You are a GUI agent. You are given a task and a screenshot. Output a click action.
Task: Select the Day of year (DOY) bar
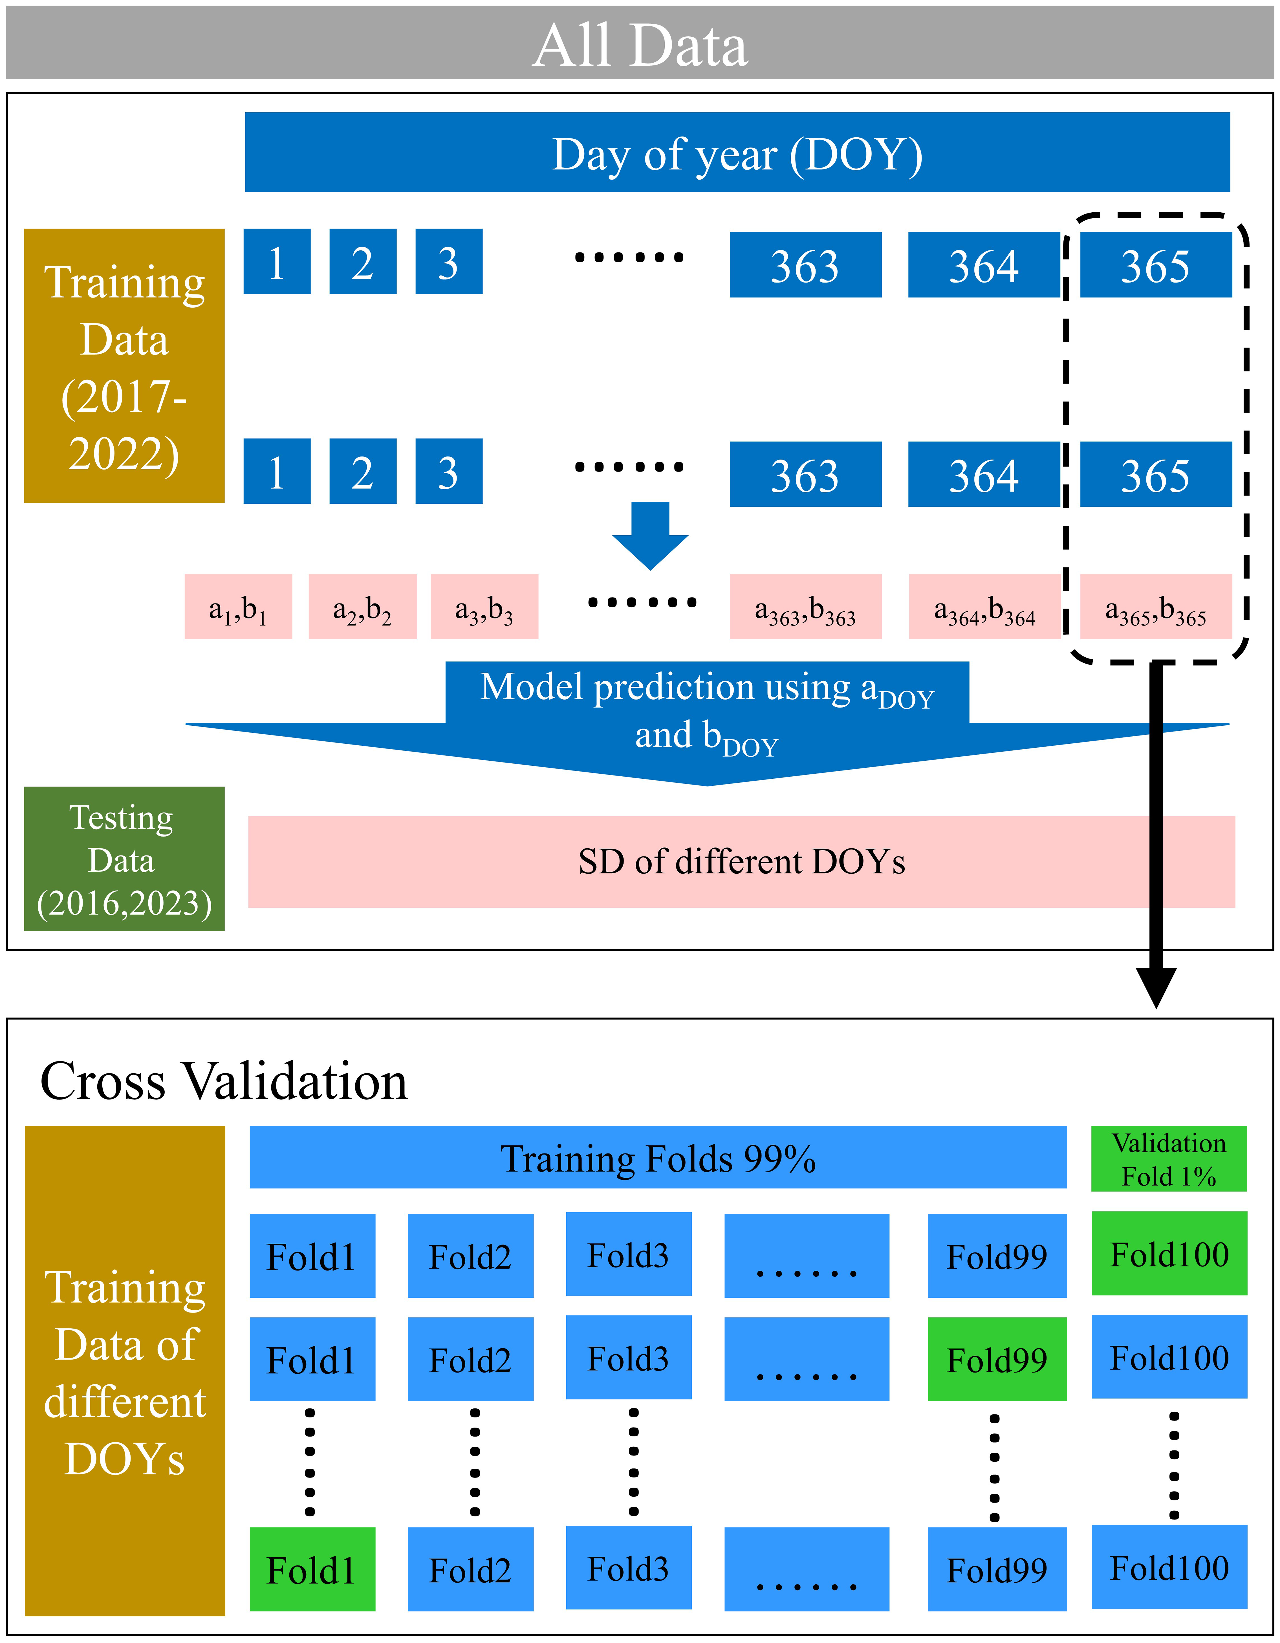(737, 152)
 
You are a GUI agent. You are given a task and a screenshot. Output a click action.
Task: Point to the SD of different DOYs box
(742, 862)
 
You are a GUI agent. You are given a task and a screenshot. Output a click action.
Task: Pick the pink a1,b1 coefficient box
(238, 606)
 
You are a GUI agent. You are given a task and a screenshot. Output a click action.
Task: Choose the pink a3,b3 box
(484, 606)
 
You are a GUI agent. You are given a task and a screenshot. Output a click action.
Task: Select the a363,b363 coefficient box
(805, 606)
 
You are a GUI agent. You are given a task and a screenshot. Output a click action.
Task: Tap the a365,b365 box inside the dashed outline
(1156, 606)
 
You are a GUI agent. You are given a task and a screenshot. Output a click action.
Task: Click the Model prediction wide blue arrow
(707, 722)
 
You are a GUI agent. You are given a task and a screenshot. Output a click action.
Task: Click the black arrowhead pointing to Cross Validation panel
(1157, 987)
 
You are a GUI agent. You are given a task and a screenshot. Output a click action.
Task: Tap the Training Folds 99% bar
(658, 1157)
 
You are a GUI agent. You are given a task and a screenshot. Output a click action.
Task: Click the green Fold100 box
(1169, 1253)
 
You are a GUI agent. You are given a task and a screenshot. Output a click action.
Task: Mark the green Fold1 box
(312, 1569)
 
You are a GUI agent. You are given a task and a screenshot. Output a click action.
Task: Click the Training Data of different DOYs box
(125, 1371)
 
